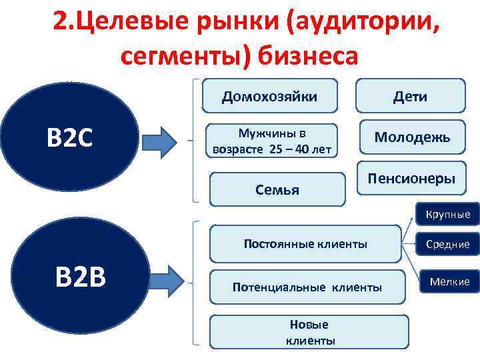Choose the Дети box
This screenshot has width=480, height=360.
pyautogui.click(x=410, y=96)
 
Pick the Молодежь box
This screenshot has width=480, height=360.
pyautogui.click(x=412, y=137)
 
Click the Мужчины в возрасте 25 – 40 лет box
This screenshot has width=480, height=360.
pyautogui.click(x=271, y=141)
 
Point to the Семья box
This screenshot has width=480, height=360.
pyautogui.click(x=277, y=189)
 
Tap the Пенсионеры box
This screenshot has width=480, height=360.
pyautogui.click(x=411, y=179)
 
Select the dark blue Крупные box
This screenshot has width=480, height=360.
pyautogui.click(x=448, y=214)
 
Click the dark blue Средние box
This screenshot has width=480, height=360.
pyautogui.click(x=448, y=245)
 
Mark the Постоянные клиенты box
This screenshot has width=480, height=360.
pyautogui.click(x=305, y=244)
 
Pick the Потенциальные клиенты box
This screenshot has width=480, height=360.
pyautogui.click(x=307, y=287)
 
